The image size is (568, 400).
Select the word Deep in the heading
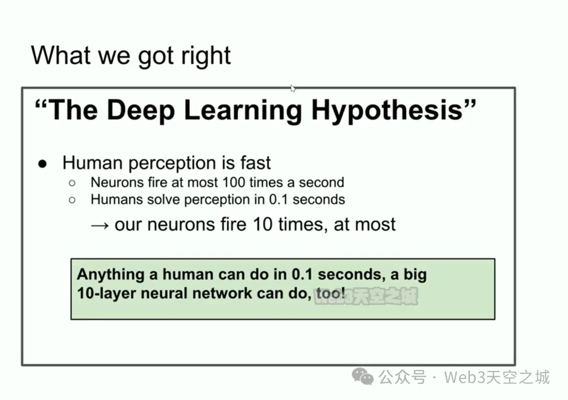coord(141,111)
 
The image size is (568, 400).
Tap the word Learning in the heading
coord(243,111)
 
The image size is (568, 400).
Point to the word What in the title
coord(61,55)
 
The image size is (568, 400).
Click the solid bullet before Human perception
coord(43,164)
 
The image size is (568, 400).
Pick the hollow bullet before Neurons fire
coord(72,183)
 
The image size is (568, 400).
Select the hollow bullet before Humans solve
coord(72,200)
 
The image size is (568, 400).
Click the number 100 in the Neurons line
coord(234,183)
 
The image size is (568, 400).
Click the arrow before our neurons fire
coord(100,226)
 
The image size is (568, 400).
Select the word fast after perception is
coord(256,163)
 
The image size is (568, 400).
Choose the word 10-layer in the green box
coord(106,293)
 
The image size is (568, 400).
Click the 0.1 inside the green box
coord(302,275)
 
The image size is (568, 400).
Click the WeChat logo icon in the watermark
coord(362,376)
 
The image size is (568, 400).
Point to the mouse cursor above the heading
coord(293,88)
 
